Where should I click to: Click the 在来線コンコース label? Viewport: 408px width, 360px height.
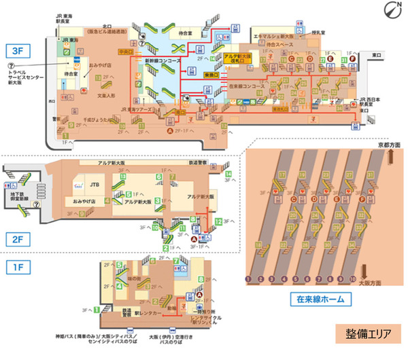[243, 88]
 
